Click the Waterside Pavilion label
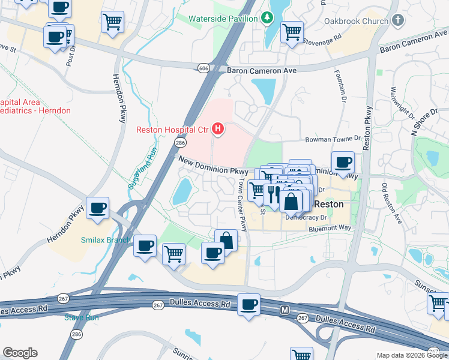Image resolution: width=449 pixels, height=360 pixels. click(x=223, y=19)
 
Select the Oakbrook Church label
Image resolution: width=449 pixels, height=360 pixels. click(x=356, y=22)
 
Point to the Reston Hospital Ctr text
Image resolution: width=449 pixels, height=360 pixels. click(x=172, y=129)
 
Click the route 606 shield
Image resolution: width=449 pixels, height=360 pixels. click(x=204, y=68)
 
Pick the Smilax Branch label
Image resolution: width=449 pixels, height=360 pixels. click(x=106, y=240)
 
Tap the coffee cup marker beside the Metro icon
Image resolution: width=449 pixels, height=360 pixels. click(x=249, y=305)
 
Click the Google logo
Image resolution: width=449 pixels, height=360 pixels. click(x=20, y=353)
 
